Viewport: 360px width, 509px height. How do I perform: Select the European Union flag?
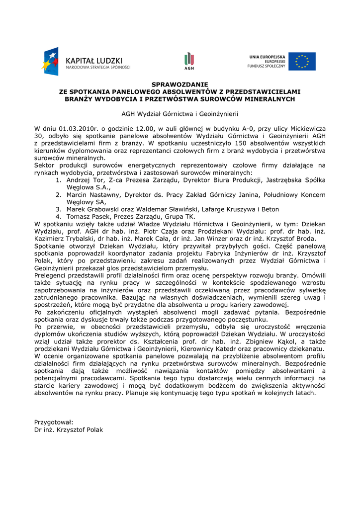(x=302, y=62)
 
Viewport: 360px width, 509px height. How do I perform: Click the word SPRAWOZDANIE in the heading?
(x=180, y=85)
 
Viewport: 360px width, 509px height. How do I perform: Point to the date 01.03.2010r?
(x=74, y=128)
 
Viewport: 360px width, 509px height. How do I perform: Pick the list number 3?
(x=58, y=209)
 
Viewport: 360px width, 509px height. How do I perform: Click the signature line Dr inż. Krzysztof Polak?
(x=69, y=429)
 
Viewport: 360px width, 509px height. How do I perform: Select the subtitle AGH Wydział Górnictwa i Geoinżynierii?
(x=180, y=113)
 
